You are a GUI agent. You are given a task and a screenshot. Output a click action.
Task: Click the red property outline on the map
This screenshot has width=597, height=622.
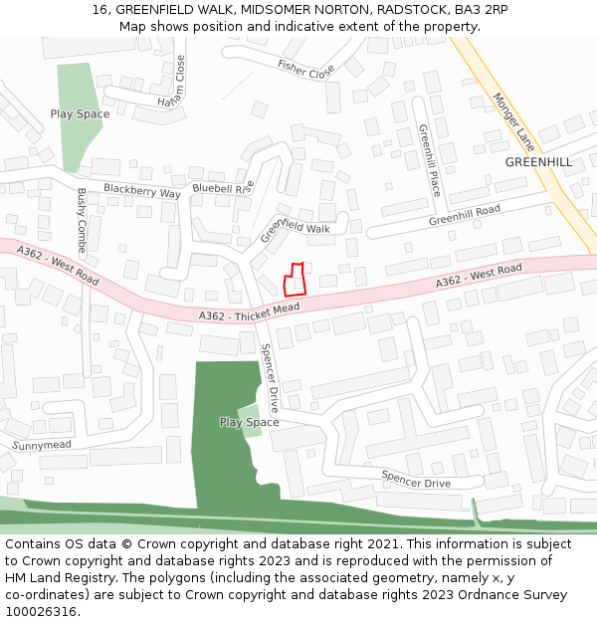(x=294, y=280)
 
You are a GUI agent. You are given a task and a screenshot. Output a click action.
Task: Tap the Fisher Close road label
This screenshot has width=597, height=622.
(x=306, y=70)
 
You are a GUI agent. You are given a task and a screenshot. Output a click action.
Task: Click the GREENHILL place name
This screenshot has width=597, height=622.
(x=538, y=161)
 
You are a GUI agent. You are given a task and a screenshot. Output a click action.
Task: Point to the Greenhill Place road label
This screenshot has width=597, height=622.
(x=428, y=160)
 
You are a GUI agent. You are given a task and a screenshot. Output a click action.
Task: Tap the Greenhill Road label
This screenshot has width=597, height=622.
(x=465, y=216)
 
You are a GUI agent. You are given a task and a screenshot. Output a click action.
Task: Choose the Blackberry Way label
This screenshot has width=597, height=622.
(x=142, y=191)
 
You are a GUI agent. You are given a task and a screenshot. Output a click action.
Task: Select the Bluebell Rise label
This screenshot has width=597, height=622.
(x=224, y=187)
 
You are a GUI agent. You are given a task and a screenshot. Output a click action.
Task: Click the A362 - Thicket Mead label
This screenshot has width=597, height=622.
(x=249, y=313)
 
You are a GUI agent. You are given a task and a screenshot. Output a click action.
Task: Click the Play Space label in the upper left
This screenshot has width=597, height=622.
(x=80, y=114)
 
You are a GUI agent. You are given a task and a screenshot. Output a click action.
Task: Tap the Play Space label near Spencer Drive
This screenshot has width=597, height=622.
(x=249, y=422)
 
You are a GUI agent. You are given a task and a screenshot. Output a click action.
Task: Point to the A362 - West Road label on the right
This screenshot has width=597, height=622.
(x=479, y=278)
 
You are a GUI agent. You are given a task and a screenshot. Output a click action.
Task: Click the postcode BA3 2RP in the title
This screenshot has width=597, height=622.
(x=477, y=9)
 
